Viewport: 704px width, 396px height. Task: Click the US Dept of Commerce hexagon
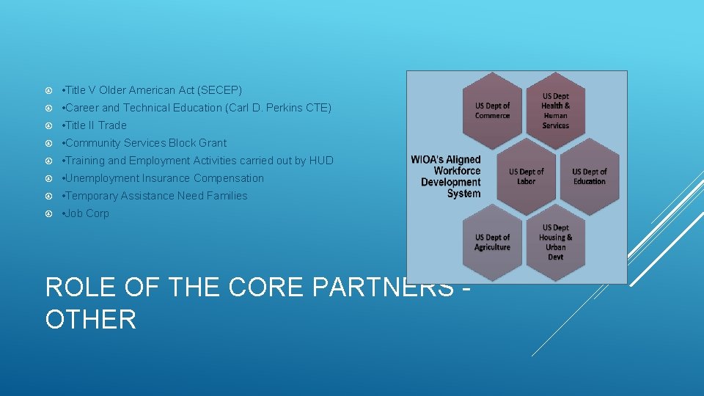(492, 111)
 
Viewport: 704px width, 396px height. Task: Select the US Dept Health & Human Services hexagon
(555, 111)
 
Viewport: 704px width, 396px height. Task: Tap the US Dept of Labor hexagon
(527, 177)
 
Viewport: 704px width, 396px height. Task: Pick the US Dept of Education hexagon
(590, 177)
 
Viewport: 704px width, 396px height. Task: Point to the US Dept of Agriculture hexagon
(492, 243)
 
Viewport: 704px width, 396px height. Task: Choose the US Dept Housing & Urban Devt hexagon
(555, 243)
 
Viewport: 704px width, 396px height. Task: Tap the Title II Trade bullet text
(95, 125)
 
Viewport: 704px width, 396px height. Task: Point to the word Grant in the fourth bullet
(213, 143)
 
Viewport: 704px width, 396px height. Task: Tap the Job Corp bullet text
(87, 213)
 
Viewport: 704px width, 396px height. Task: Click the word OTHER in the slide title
(91, 320)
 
